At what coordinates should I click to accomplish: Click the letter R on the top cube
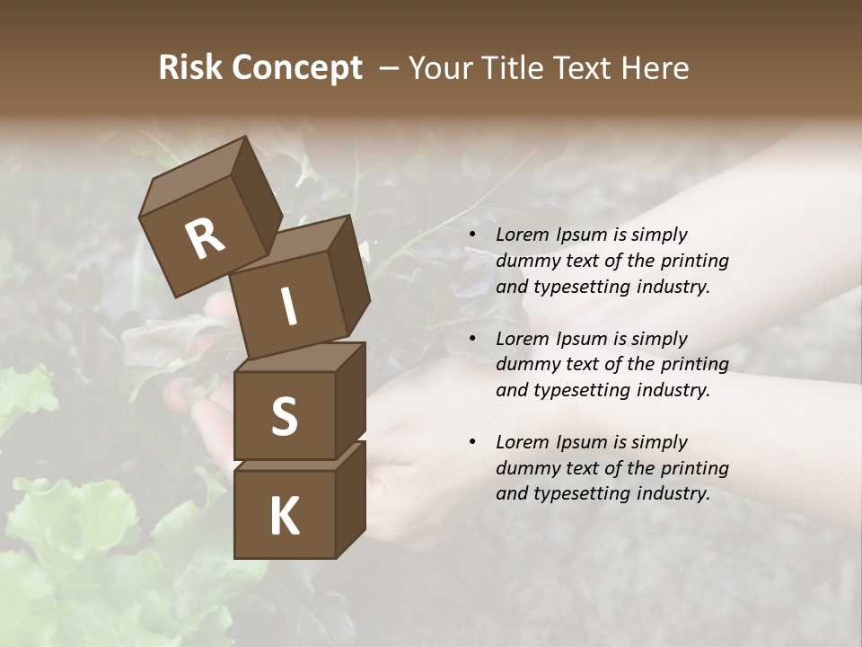click(206, 240)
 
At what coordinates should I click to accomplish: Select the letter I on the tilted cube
click(289, 307)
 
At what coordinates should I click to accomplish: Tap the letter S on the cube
click(285, 417)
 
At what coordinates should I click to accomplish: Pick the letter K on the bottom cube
click(285, 517)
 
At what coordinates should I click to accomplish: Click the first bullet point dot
click(471, 235)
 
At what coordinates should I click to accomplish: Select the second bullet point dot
click(471, 340)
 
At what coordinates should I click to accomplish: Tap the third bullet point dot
click(471, 443)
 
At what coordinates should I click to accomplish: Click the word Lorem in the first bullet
click(521, 235)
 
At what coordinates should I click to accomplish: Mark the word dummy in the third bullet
click(526, 468)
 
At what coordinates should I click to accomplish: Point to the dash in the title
click(389, 68)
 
